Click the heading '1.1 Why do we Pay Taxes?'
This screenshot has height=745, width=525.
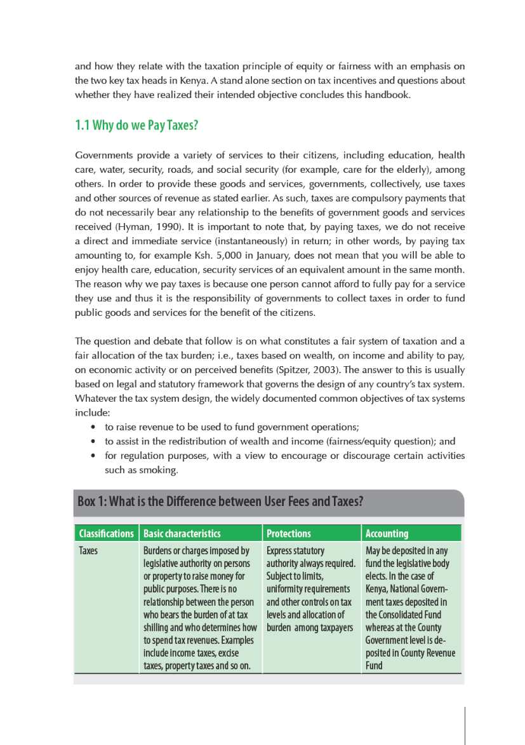(136, 125)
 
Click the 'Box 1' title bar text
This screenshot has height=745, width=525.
(220, 501)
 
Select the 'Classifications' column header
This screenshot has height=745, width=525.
(106, 533)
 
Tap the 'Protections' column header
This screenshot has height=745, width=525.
(289, 533)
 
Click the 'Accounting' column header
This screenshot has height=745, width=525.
(387, 533)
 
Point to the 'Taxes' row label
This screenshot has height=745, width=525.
(88, 550)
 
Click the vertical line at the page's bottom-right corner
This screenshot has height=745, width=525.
(465, 725)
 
